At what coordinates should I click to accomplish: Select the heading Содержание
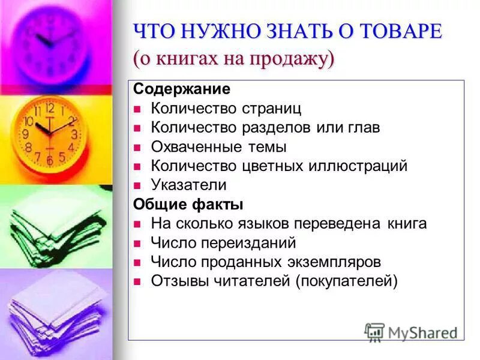pos(182,89)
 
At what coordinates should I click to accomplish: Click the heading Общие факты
pos(188,205)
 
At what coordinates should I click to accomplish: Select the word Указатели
pos(189,185)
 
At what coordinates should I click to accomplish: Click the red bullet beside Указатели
pos(137,185)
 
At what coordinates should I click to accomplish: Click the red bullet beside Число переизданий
pos(137,243)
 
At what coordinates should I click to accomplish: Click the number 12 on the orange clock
pos(50,109)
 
